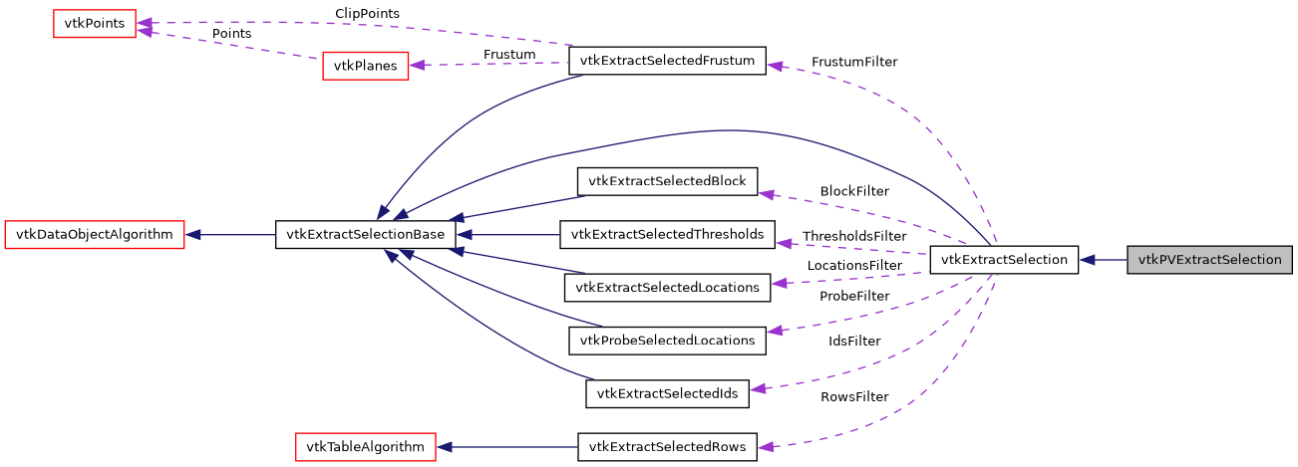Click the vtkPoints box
tap(94, 23)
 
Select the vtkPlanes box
tap(365, 66)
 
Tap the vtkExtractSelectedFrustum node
tap(666, 61)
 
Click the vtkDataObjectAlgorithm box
tap(95, 235)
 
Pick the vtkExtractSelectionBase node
tap(365, 235)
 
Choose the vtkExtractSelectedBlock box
tap(667, 181)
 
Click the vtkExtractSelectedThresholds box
tap(667, 235)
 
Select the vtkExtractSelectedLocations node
tap(667, 288)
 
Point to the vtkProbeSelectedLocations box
tap(667, 341)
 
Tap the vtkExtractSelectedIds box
tap(667, 393)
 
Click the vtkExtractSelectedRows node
tap(667, 446)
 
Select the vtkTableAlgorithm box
tap(366, 446)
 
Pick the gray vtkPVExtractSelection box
tap(1209, 260)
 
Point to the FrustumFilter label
tap(853, 62)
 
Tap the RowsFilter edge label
tap(854, 396)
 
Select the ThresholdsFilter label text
tap(854, 236)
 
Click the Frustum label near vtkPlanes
tap(509, 54)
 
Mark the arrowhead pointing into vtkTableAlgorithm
tap(445, 446)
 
